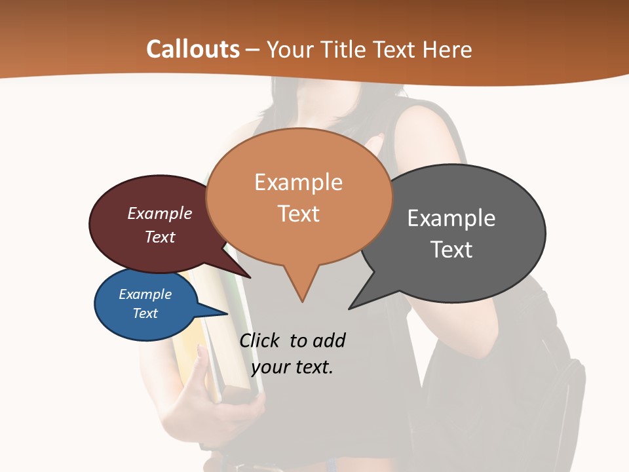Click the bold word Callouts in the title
(193, 49)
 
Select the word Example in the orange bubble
(298, 182)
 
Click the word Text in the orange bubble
(298, 214)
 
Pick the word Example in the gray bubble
(451, 218)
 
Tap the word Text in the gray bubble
(451, 250)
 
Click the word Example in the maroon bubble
(159, 213)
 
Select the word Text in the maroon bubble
(159, 237)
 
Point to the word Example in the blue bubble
(145, 294)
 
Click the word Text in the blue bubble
(145, 313)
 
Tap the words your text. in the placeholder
(292, 367)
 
